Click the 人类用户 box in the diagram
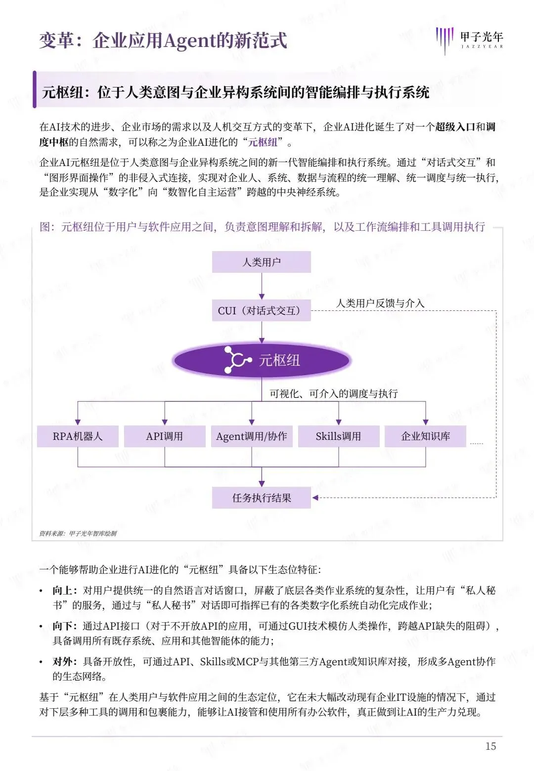pos(261,262)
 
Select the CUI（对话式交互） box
pos(261,310)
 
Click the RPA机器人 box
pos(78,436)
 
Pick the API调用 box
pos(165,436)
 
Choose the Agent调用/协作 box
pos(252,436)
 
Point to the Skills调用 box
pos(339,436)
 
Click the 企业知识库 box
pos(425,436)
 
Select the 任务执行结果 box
pos(262,498)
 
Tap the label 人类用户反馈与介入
pos(380,303)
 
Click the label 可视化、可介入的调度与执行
pos(334,393)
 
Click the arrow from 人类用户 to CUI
pos(262,286)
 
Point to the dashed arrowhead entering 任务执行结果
pos(315,498)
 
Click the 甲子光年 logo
pos(469,40)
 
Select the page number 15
pos(490,746)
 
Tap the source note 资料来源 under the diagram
pos(78,533)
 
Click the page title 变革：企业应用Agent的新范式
pos(163,41)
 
